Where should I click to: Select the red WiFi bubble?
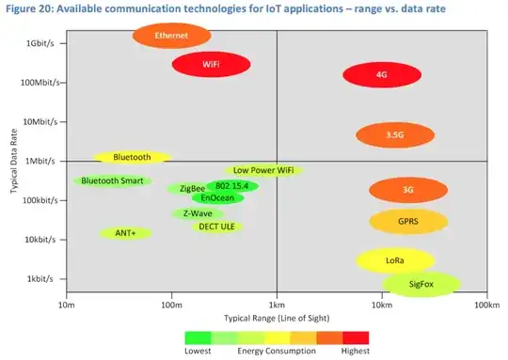coord(211,64)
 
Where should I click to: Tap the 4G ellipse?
coord(381,74)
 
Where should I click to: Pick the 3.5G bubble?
coord(395,135)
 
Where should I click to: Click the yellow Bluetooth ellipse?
coord(132,157)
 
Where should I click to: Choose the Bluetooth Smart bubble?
coord(111,180)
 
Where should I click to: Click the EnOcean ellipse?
coord(218,198)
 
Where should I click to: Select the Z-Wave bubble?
coord(198,213)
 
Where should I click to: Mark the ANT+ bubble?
coord(125,232)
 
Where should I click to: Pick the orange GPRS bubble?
coord(407,222)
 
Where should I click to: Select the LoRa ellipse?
coord(395,259)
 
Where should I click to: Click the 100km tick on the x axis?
coord(485,306)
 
